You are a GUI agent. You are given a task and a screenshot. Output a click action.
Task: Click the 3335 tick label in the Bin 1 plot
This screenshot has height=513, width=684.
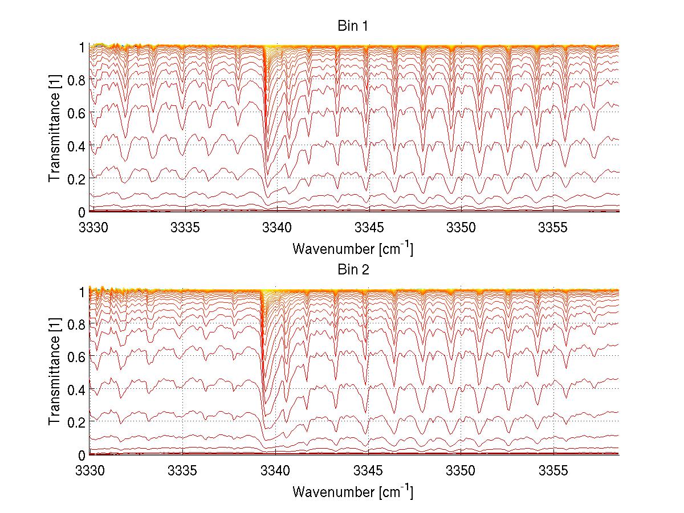pyautogui.click(x=184, y=228)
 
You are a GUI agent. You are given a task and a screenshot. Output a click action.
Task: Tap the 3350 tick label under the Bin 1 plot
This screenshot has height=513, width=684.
pyautogui.click(x=461, y=228)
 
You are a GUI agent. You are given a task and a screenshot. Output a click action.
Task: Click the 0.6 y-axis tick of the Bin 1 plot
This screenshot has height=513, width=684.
pyautogui.click(x=77, y=113)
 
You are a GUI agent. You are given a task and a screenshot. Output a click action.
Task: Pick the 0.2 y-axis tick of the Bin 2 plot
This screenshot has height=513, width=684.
pyautogui.click(x=77, y=422)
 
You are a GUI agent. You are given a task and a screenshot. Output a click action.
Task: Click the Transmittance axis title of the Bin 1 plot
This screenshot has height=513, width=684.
pyautogui.click(x=55, y=130)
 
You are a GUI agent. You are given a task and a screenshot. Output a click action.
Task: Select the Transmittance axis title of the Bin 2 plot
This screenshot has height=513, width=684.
pyautogui.click(x=55, y=374)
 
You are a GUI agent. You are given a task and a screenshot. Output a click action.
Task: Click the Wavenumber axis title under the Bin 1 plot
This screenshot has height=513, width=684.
pyautogui.click(x=353, y=249)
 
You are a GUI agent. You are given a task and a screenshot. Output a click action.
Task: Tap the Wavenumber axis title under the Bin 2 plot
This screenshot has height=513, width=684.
pyautogui.click(x=353, y=491)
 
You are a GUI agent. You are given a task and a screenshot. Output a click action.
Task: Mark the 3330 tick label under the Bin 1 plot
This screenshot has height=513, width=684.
pyautogui.click(x=91, y=228)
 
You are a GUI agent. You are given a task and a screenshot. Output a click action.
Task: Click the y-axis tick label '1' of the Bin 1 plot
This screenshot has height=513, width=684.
pyautogui.click(x=82, y=47)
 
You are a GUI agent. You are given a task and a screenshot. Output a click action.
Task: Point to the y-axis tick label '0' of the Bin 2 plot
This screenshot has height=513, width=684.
pyautogui.click(x=82, y=454)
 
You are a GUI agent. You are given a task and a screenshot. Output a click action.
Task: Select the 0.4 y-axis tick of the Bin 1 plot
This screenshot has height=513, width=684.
pyautogui.click(x=77, y=146)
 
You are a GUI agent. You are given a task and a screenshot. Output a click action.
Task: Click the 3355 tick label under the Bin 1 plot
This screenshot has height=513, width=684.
pyautogui.click(x=553, y=228)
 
